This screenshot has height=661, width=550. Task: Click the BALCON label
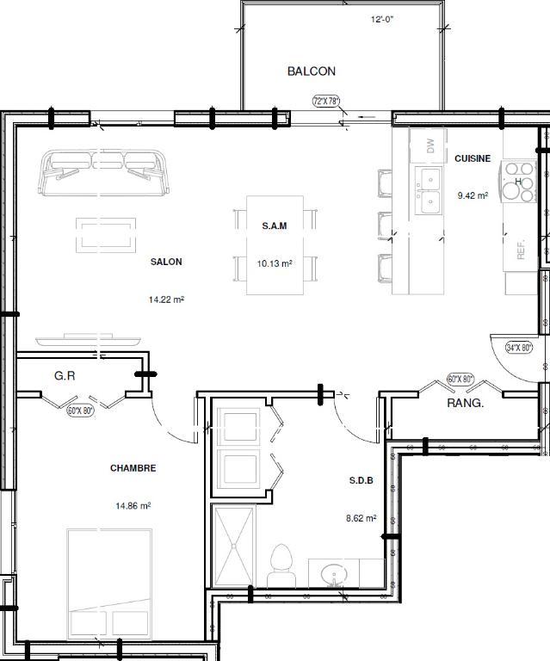pos(311,71)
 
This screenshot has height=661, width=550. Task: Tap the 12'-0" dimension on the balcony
pos(383,19)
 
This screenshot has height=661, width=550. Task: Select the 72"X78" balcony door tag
pos(326,101)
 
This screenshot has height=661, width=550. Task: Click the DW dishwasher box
pos(429,146)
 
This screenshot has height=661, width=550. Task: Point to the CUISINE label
pos(473,158)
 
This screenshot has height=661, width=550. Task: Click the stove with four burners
pos(519,182)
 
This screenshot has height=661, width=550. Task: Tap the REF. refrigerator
pos(519,249)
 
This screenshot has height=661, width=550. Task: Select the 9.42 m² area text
pos(473,195)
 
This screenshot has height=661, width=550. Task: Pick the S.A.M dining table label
pos(275,226)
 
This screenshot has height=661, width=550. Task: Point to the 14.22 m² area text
pos(166,300)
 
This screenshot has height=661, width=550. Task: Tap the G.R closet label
pos(65,375)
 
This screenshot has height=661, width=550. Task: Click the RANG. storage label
pos(465,403)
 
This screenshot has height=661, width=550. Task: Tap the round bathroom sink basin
pos(331,573)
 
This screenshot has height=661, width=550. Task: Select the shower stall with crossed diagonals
pos(234,547)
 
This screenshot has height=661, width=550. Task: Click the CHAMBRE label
pos(133,468)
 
